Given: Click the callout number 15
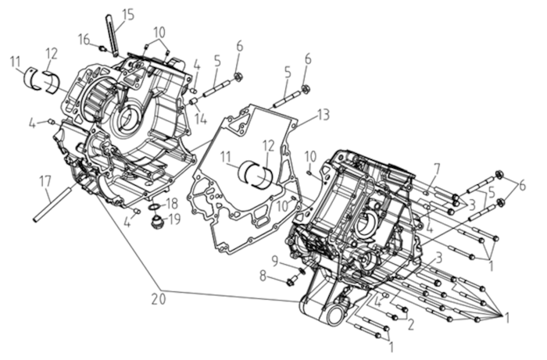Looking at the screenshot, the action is point(127,16).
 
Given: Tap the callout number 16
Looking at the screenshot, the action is point(84,39).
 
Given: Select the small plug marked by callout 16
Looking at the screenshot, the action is point(102,48).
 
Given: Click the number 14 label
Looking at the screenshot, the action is point(201,119).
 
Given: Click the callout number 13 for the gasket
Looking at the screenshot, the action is point(324,115).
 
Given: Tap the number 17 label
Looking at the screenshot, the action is point(45,181).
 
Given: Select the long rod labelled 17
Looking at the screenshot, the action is point(55,203).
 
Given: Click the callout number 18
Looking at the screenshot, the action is point(171,203).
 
